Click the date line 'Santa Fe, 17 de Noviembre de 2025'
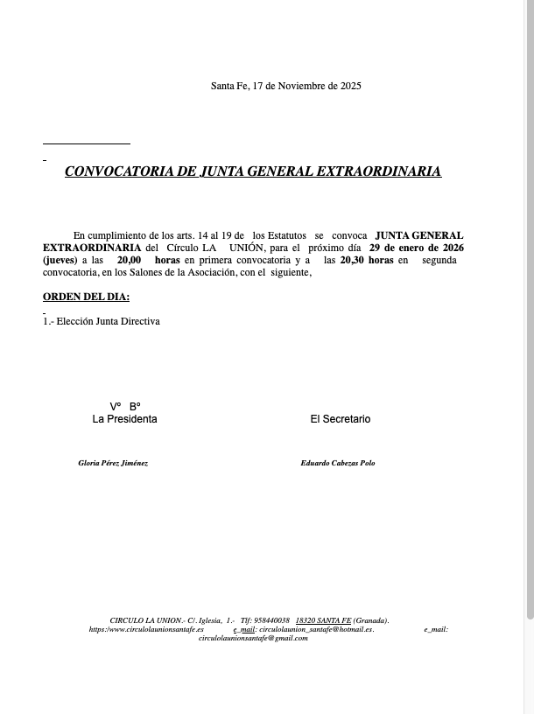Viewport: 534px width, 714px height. pos(285,86)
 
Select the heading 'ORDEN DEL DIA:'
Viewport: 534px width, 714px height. pos(86,297)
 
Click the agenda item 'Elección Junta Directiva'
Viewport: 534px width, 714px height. pos(108,321)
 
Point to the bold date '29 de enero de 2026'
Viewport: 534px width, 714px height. pos(417,248)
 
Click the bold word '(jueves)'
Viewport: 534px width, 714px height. pos(60,260)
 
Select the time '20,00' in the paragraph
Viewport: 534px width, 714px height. pos(130,260)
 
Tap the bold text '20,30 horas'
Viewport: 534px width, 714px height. pos(367,260)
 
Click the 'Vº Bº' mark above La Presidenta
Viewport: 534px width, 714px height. pos(125,406)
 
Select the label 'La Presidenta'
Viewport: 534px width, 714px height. pos(125,419)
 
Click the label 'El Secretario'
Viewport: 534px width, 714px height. pos(341,419)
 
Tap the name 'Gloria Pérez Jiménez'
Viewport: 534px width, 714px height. pos(113,463)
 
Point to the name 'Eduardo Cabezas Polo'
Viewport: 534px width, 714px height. pos(338,463)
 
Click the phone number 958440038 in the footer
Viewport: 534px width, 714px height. pos(271,620)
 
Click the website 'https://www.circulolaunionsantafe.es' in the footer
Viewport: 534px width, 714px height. pos(146,629)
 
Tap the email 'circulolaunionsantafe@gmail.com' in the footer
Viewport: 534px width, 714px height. pos(253,638)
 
